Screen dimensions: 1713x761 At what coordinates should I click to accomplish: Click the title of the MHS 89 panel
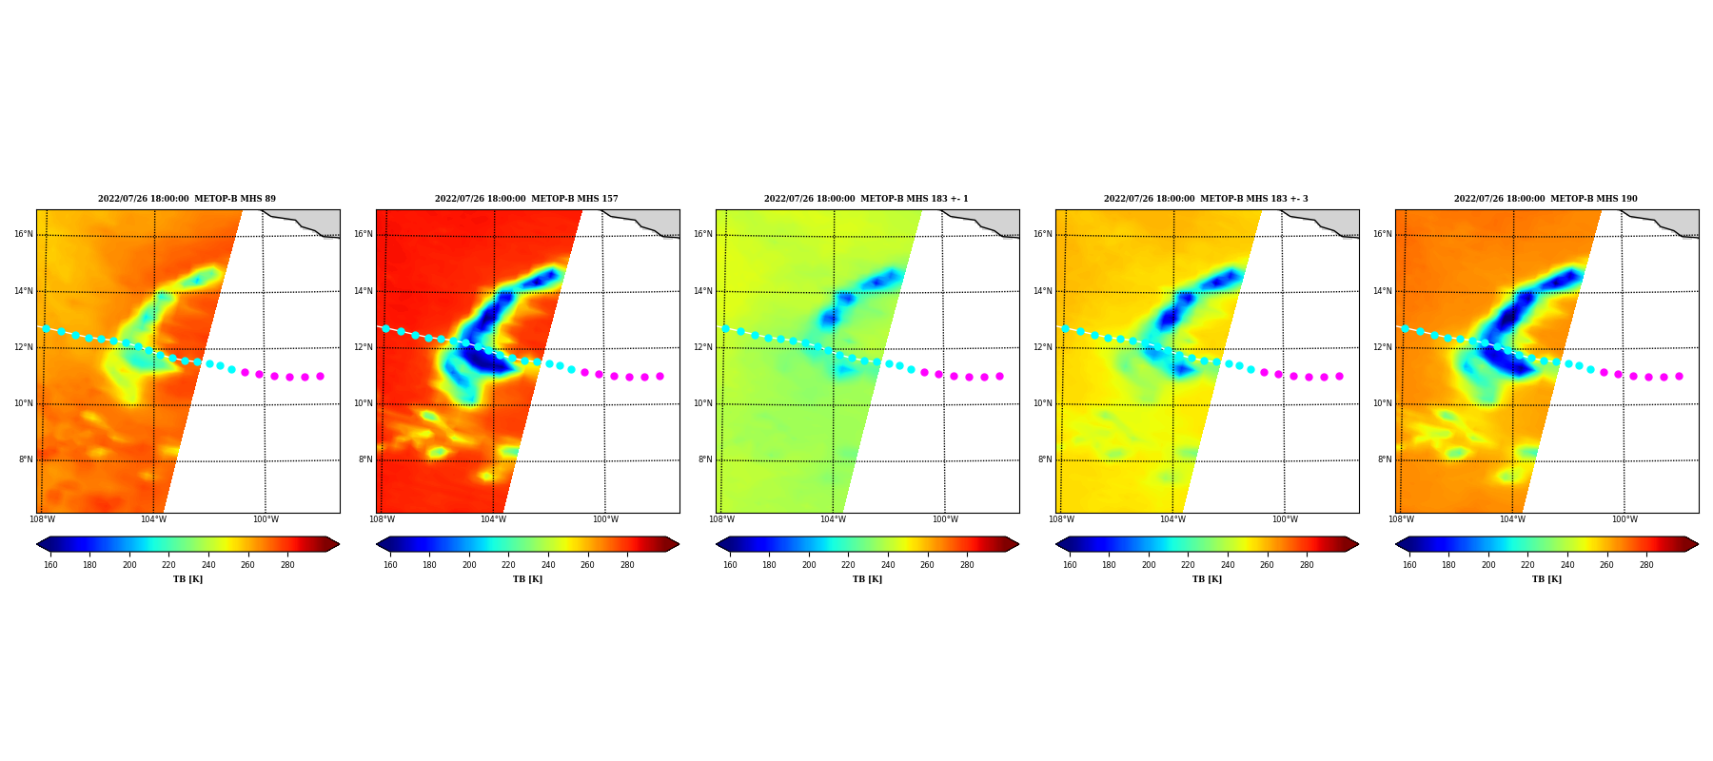click(187, 199)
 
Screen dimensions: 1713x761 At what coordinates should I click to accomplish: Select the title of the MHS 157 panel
click(526, 199)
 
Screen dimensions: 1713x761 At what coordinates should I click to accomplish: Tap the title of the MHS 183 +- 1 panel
click(866, 199)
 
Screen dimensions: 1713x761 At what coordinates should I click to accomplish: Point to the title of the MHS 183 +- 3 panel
click(1206, 199)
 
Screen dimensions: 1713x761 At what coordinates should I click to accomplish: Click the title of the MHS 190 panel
click(1546, 199)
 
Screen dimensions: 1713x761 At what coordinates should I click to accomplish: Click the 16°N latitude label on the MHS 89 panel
click(24, 234)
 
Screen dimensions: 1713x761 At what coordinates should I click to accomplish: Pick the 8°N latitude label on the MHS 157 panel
click(365, 459)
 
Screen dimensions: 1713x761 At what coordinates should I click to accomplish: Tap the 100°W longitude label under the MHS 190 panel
click(1624, 519)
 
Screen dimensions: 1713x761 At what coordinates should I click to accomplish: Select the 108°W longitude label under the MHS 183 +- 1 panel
click(721, 519)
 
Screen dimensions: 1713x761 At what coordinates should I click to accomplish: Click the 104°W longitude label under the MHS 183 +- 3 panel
click(1172, 519)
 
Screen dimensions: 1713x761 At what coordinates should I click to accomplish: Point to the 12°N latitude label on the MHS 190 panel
click(1383, 347)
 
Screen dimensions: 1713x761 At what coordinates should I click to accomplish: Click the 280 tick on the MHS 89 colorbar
click(287, 565)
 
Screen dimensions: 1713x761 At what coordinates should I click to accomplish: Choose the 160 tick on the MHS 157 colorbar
click(390, 565)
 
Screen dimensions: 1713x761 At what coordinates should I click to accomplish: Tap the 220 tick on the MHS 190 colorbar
click(1527, 565)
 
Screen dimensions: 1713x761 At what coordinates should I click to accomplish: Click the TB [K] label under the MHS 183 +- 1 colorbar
click(867, 579)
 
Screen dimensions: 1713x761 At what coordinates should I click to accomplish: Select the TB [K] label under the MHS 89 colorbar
click(187, 579)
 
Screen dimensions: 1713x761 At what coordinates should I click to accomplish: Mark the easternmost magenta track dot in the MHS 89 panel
click(320, 377)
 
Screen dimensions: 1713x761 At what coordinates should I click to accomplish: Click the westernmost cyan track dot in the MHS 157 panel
click(385, 328)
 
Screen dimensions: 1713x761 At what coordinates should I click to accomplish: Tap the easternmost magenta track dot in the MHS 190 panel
click(1679, 377)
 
